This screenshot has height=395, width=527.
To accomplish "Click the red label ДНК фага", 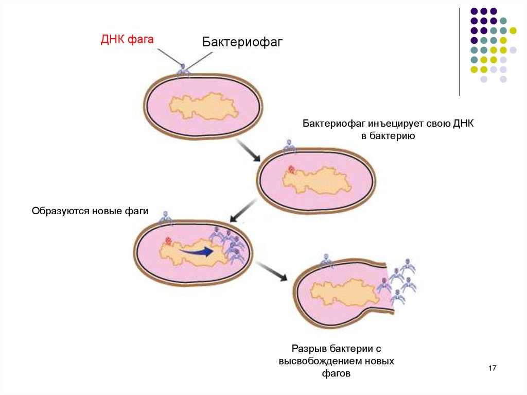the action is pos(127,40).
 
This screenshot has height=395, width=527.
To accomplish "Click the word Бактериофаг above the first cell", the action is pos(242,42).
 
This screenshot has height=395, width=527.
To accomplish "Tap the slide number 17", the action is pos(493,368).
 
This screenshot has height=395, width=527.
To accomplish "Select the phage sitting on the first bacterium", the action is pos(183,70).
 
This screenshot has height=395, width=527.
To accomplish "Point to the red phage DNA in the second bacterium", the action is pos(291,169).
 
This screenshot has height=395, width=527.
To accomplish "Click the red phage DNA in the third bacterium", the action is pos(168,241).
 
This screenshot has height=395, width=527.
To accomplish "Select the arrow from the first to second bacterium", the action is pos(249,150).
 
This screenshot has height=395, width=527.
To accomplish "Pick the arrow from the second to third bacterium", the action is pos(243,211).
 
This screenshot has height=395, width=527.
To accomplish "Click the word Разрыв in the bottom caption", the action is pos(309,349).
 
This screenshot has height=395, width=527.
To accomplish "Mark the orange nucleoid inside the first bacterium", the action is pos(203,107).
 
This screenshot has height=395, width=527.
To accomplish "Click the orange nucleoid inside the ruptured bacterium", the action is pos(345,292).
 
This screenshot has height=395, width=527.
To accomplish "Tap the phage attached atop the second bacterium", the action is pos(289,146).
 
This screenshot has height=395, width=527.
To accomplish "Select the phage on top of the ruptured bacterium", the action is pos(326,261).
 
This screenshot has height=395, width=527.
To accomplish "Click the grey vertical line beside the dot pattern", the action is pos(460,52).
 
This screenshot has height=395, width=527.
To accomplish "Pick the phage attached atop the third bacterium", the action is pos(165,218).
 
